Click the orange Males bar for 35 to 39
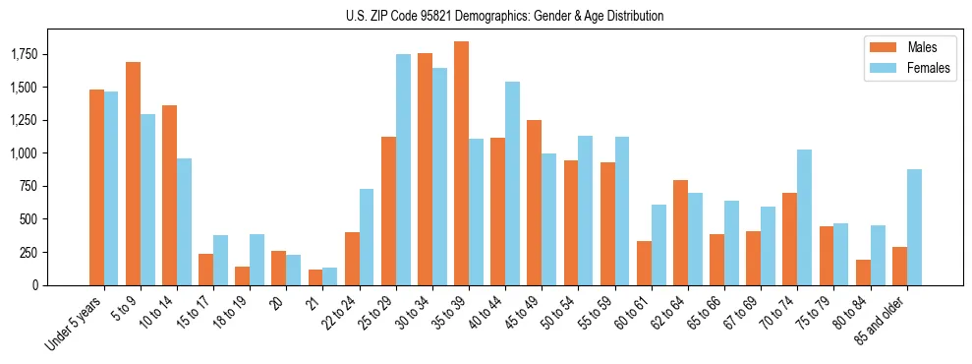pos(461,163)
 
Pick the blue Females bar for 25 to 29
pos(403,169)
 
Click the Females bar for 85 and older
pos(914,227)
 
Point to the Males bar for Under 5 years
pos(96,187)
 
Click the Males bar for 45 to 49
pos(534,203)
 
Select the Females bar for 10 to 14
pos(184,221)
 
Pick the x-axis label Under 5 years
pos(75,323)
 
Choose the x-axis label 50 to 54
pos(571,313)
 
